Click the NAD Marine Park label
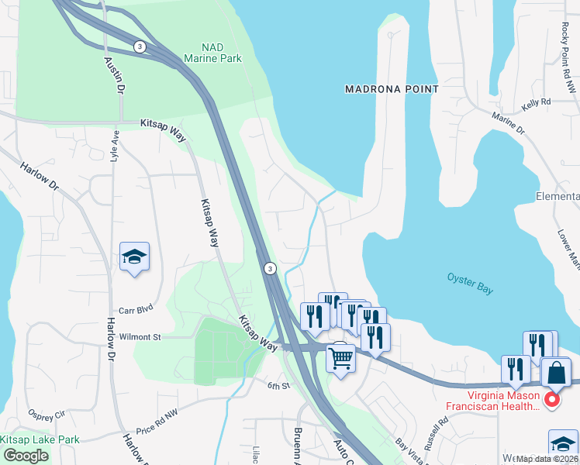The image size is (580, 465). (212, 53)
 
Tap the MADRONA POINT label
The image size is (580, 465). (392, 89)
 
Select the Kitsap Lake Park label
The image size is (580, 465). (40, 439)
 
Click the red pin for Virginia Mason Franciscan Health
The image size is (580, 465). (552, 401)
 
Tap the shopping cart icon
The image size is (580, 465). (340, 359)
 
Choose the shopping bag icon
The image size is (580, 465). (555, 375)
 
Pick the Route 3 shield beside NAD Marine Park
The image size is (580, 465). (138, 46)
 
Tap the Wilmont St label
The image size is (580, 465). (140, 337)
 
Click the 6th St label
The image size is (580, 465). (278, 385)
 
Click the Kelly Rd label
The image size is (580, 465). (536, 102)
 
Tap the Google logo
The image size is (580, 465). (26, 456)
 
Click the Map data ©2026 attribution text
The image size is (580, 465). (547, 459)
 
